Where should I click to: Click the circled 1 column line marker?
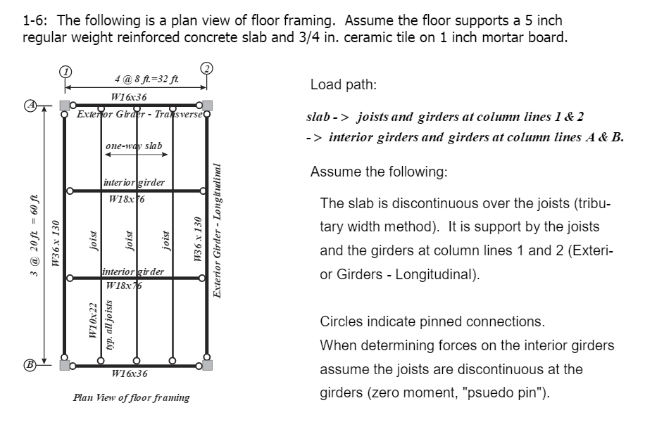point(65,72)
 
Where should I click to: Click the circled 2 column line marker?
point(206,68)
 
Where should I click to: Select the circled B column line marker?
point(31,366)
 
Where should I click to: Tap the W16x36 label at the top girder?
point(130,97)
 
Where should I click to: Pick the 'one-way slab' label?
point(134,146)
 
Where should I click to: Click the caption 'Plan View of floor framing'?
point(132,397)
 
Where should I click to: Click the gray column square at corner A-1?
point(65,105)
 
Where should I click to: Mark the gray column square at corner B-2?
point(207,366)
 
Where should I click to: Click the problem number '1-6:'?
point(35,21)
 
